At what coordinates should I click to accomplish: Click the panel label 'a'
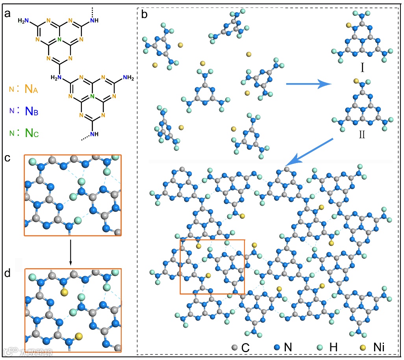tap(7, 14)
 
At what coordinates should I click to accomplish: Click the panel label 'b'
tap(145, 15)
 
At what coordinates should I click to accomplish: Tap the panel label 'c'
tap(7, 158)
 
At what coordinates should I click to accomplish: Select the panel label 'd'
tap(7, 272)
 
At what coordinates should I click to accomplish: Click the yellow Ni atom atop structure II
tap(356, 81)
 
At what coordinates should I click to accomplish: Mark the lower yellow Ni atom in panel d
tap(79, 336)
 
